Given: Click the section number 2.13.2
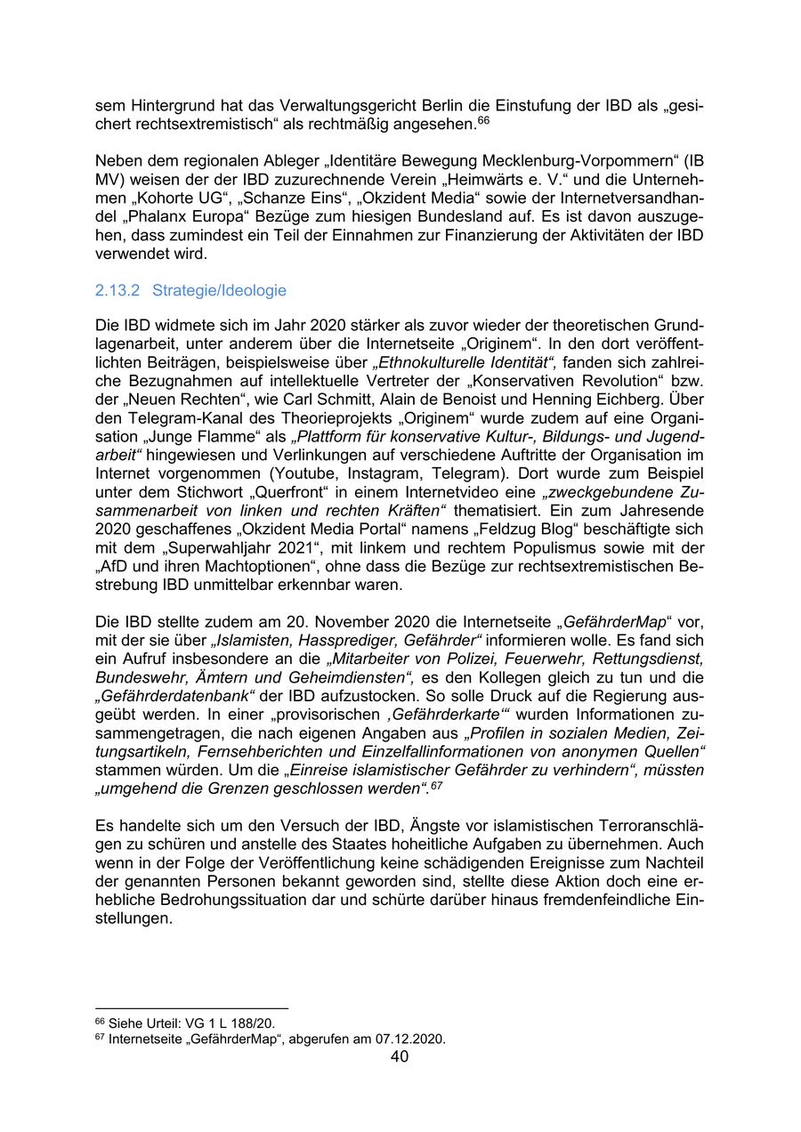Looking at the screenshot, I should tap(118, 291).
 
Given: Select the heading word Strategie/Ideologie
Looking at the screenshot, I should tap(219, 291).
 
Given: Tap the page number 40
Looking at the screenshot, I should tap(400, 1056).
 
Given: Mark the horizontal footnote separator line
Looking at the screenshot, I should tap(191, 1009).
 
